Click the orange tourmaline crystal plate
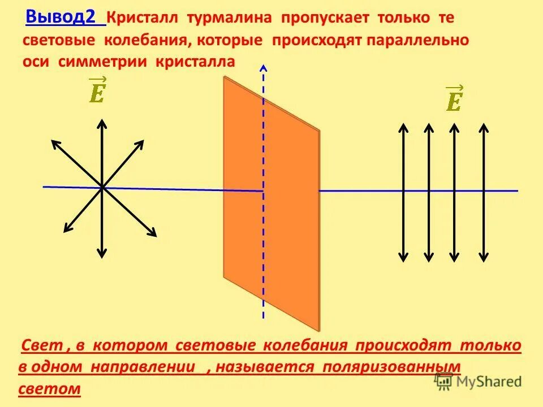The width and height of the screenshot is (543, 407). click(271, 203)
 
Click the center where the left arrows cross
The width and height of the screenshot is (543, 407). click(102, 187)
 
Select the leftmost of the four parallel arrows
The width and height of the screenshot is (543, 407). click(403, 192)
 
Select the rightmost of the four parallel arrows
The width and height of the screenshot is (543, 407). click(484, 192)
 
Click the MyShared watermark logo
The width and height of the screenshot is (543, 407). click(478, 382)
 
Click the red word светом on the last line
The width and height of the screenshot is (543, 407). click(50, 389)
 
